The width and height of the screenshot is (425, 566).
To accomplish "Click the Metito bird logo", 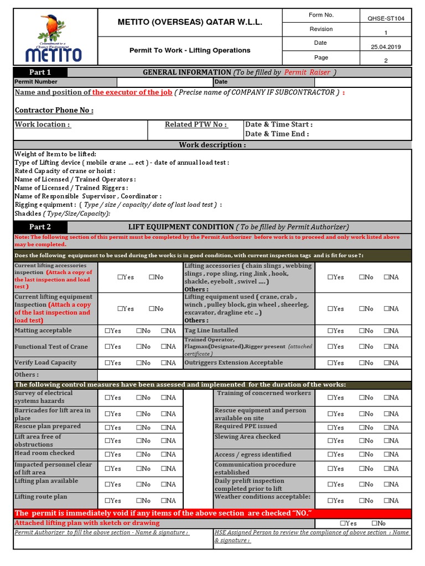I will [x=53, y=38].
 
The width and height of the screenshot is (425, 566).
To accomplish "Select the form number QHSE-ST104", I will [x=386, y=18].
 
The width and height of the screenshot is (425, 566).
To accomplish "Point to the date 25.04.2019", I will [x=386, y=47].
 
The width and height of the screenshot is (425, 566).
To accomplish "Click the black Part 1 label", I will [x=40, y=72].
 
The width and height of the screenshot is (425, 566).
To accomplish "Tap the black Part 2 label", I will [x=40, y=227].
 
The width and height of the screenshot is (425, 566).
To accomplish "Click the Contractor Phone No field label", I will [x=54, y=110].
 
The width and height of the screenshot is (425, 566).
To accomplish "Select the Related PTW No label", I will [x=196, y=124].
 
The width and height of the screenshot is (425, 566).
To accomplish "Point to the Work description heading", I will [x=212, y=145].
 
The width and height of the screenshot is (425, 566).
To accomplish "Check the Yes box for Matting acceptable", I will [x=107, y=331].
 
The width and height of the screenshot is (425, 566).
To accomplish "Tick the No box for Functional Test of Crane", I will [x=139, y=347].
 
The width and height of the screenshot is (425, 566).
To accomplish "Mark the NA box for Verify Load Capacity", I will [x=164, y=363].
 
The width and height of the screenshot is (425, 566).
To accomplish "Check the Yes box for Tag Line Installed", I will [x=330, y=331].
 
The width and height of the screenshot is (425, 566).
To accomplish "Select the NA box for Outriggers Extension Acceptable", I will [x=386, y=363].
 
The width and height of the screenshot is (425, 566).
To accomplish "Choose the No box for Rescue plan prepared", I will [x=139, y=427].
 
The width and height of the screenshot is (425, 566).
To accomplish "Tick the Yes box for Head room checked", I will [x=107, y=454].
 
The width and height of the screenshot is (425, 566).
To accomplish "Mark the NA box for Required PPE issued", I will [x=386, y=427].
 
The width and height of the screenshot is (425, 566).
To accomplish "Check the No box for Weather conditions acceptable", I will [x=361, y=501].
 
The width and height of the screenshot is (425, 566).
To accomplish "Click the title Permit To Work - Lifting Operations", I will [x=190, y=50].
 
